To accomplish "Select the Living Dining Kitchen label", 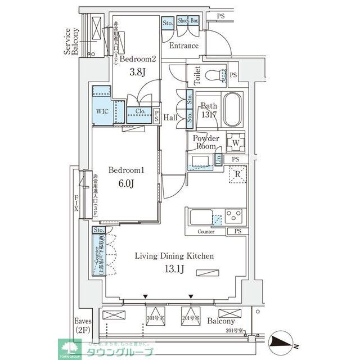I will [x=174, y=256].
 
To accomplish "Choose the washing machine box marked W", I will [x=235, y=142].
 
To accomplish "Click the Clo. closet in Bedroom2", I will [x=141, y=111].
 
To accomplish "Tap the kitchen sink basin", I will [x=200, y=217].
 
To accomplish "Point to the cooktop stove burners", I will [x=235, y=215].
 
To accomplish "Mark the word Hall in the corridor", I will [x=171, y=118].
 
